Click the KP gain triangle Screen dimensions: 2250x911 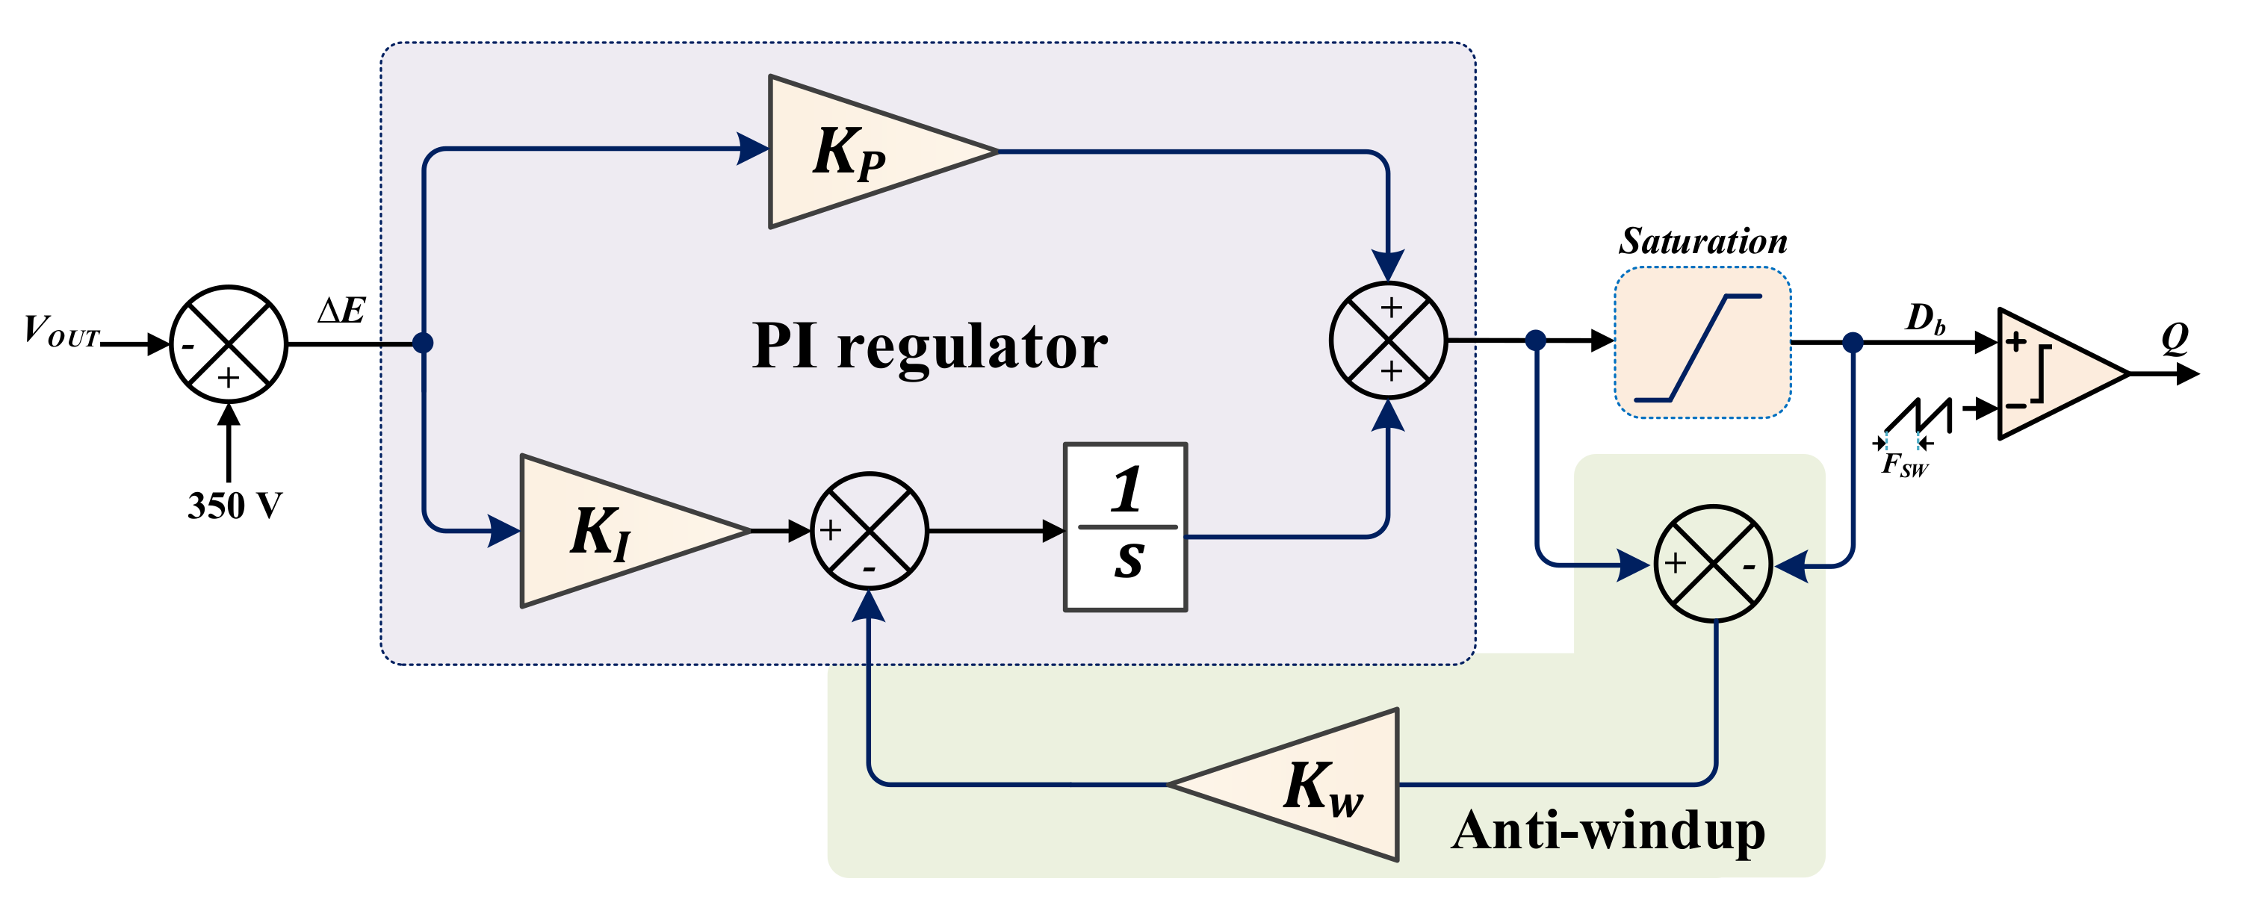tap(873, 152)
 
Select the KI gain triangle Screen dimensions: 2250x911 tap(625, 530)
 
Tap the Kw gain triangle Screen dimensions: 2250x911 tap(1292, 784)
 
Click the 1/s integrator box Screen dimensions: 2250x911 tap(1125, 526)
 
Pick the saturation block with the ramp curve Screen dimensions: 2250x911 tap(1702, 343)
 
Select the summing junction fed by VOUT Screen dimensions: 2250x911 tap(228, 343)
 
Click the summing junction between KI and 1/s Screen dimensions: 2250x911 tap(869, 531)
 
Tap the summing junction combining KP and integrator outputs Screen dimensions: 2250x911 tap(1388, 341)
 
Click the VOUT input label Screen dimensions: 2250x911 tap(61, 332)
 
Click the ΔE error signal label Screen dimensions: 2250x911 tap(341, 310)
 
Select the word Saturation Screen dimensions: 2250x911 tap(1702, 240)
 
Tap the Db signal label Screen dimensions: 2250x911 tap(1926, 319)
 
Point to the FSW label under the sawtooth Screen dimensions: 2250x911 tap(1904, 464)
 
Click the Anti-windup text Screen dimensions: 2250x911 tap(1609, 830)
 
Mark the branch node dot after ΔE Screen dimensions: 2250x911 tap(423, 343)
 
